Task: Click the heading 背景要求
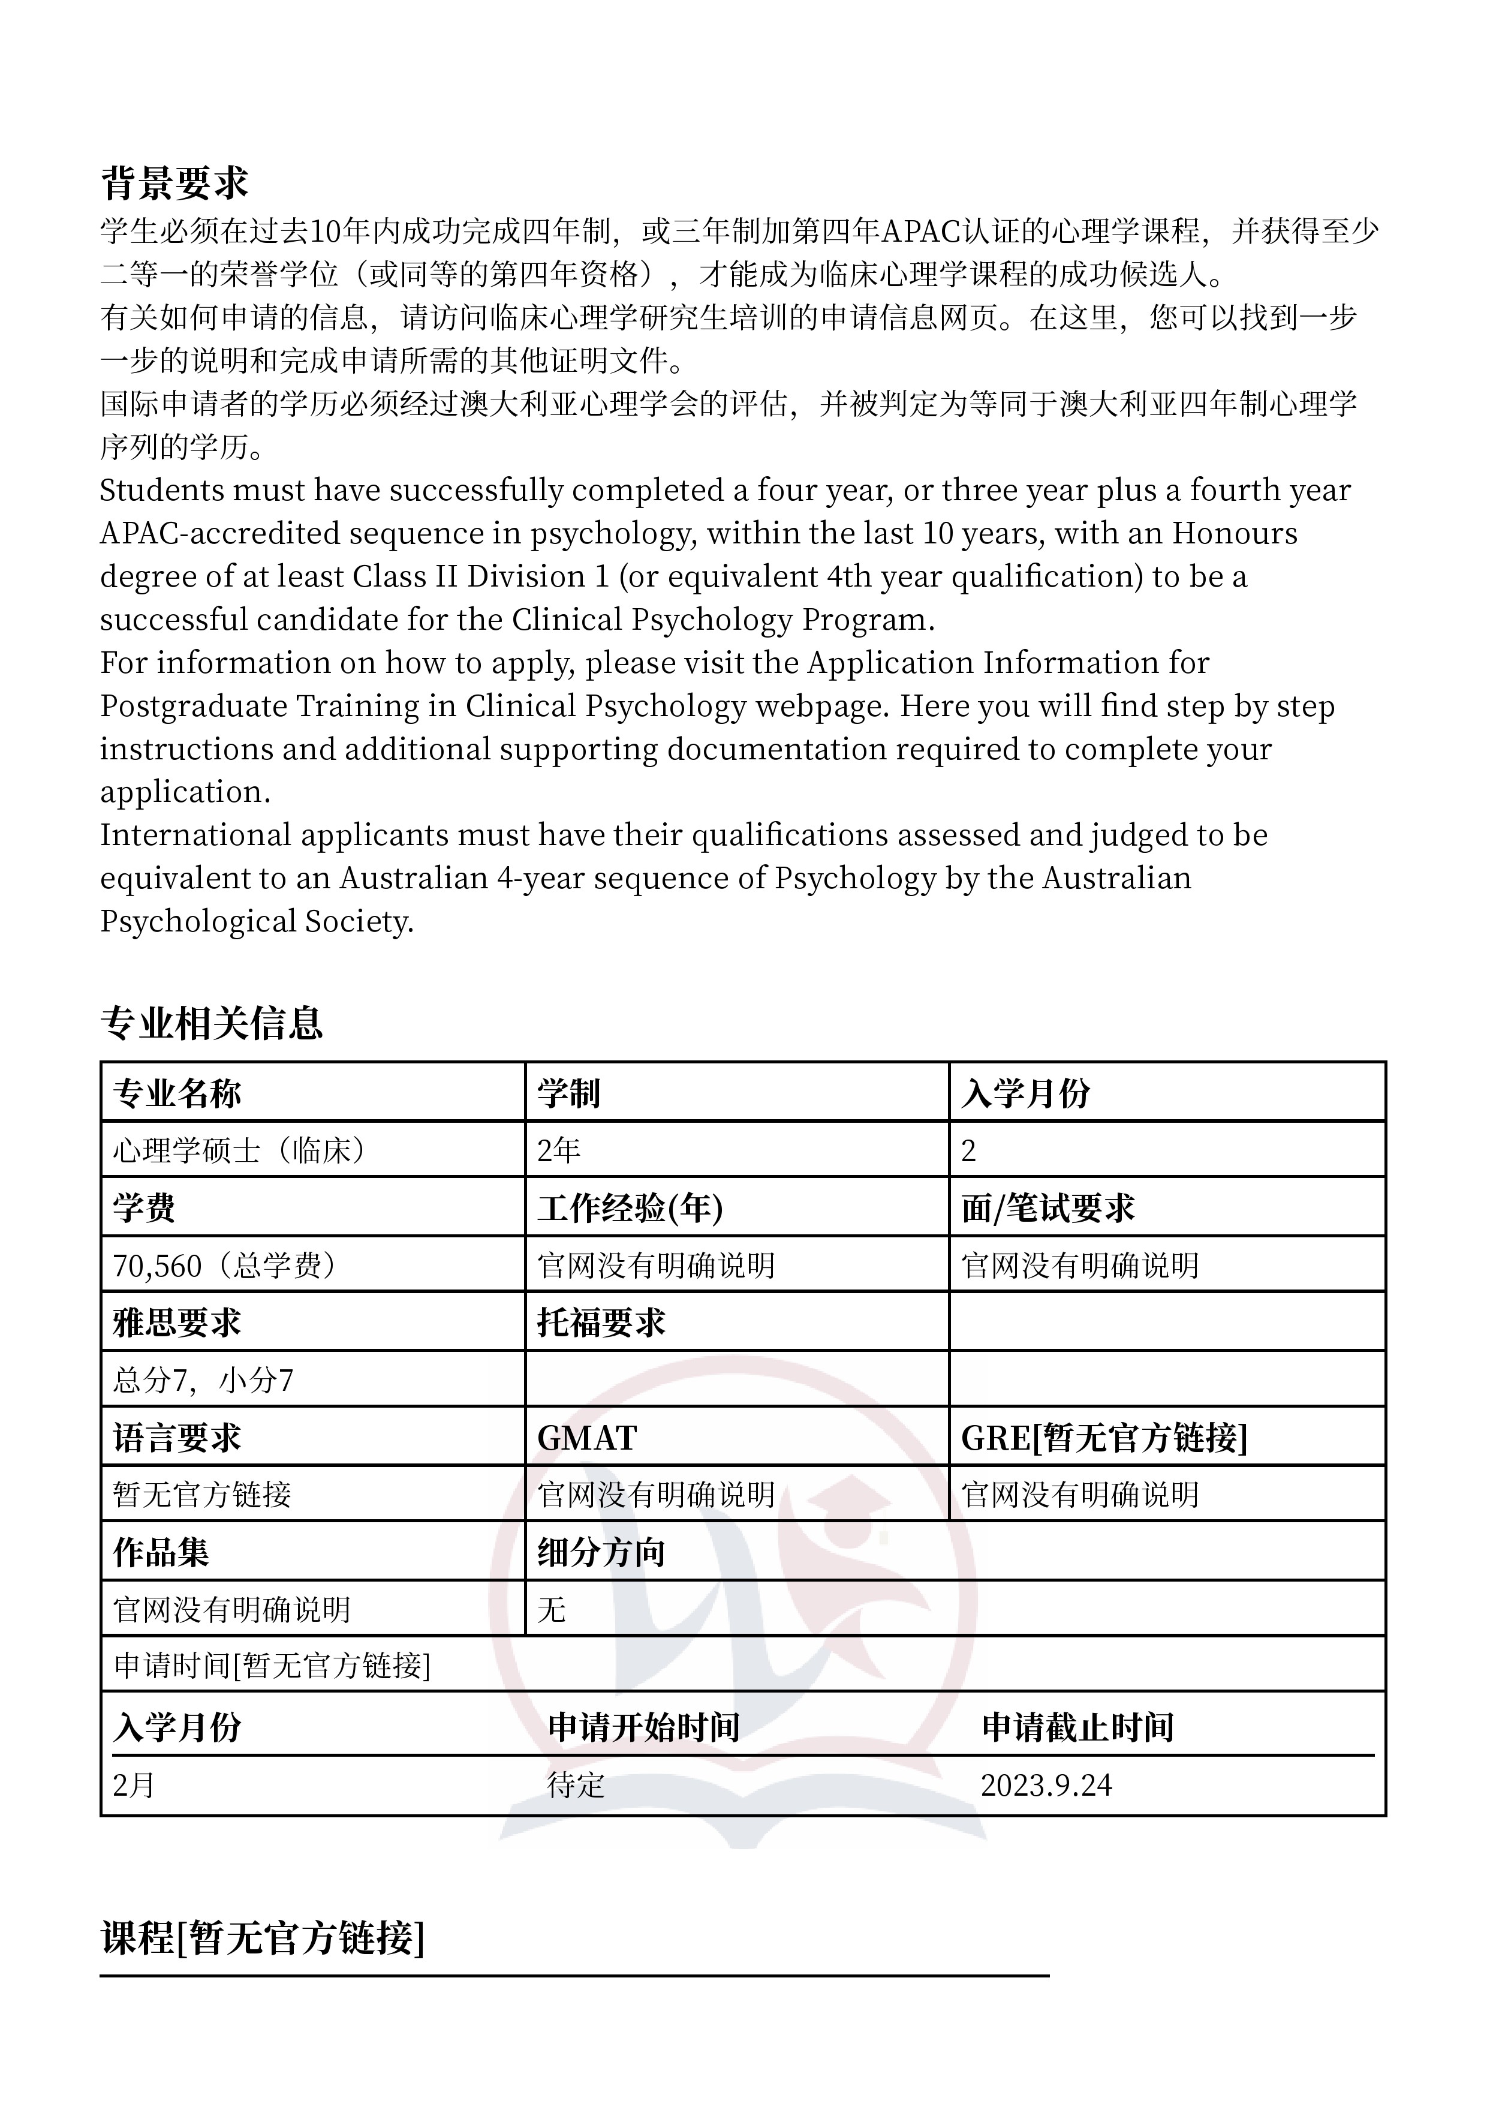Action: [174, 184]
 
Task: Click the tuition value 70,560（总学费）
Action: [225, 1266]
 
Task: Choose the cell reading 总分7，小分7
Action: [203, 1380]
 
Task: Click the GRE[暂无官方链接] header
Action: [1104, 1438]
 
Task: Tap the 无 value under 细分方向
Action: [552, 1609]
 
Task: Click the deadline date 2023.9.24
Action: [1046, 1785]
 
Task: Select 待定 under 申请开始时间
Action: [576, 1785]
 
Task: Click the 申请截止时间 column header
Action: [1077, 1727]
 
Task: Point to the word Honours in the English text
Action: [1235, 533]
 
